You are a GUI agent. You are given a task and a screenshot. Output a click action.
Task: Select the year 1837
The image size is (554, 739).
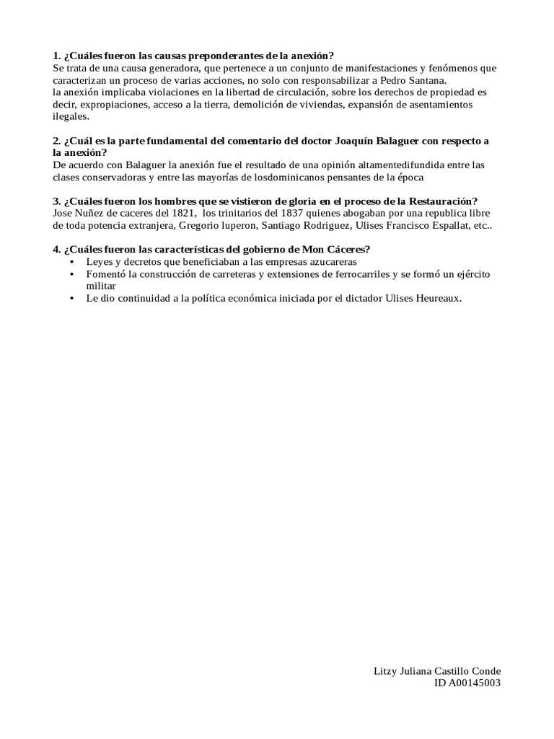(x=287, y=213)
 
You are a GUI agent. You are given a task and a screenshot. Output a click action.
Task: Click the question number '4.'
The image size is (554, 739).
(x=56, y=250)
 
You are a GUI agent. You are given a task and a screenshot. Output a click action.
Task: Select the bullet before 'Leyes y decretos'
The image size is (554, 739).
(x=71, y=262)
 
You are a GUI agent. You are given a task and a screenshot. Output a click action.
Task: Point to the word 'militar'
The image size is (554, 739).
(x=101, y=286)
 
